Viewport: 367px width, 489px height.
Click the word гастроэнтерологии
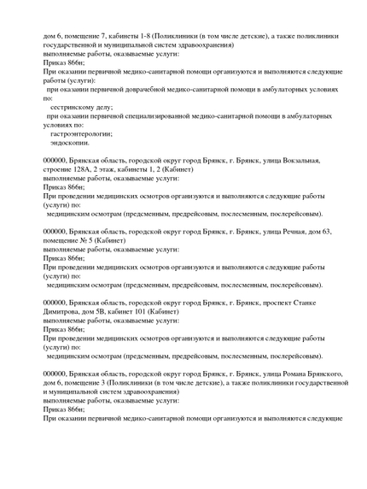(81, 134)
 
